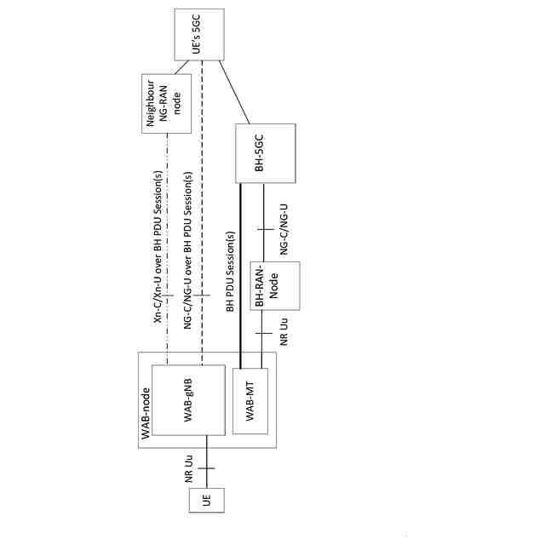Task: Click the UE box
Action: click(x=206, y=501)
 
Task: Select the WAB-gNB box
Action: click(x=188, y=401)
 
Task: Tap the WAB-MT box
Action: click(x=250, y=401)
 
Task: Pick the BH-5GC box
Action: click(x=265, y=153)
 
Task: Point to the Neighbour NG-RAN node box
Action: click(x=166, y=103)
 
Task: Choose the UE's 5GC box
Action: click(x=199, y=35)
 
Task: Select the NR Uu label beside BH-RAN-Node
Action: click(x=284, y=330)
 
